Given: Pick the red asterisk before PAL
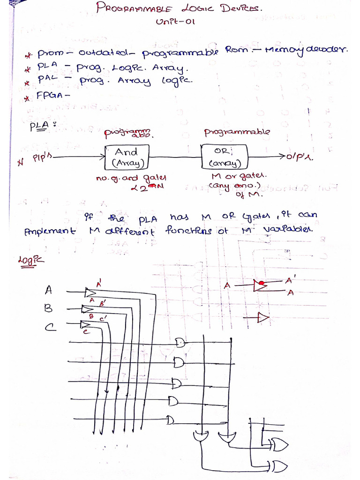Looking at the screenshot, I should (28, 83).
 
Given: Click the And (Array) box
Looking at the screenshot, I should (127, 157).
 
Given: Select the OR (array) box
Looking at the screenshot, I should (221, 157).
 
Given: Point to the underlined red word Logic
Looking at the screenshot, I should (28, 261).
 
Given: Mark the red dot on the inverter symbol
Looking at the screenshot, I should (262, 283).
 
